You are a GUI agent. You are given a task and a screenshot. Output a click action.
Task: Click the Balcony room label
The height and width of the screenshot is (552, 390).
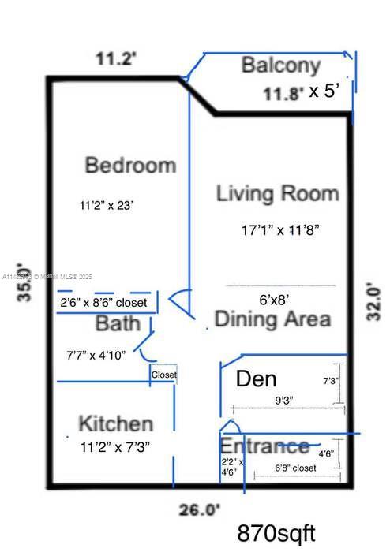tap(281, 65)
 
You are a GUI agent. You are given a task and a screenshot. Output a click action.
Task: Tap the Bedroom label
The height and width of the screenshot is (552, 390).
tap(130, 166)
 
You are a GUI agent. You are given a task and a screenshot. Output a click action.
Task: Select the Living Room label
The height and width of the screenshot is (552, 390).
tap(277, 193)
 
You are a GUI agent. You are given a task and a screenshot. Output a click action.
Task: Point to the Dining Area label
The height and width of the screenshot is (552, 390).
tap(272, 319)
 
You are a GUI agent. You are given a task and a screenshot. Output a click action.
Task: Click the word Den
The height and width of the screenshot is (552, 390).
tap(256, 379)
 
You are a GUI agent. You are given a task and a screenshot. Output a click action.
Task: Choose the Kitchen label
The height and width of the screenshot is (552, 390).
tap(115, 423)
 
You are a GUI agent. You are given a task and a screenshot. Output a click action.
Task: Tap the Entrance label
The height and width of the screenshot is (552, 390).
tap(264, 446)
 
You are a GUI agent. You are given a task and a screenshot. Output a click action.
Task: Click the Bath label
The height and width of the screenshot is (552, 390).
tap(118, 323)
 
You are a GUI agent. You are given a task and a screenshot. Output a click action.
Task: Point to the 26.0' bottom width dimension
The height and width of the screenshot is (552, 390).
tap(199, 509)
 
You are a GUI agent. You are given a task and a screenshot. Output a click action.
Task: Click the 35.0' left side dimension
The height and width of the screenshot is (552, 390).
tap(25, 282)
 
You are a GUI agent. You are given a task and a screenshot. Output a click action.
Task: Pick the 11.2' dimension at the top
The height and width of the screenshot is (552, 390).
tap(116, 58)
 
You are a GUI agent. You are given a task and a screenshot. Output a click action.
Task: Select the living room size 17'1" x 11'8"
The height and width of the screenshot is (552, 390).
tap(280, 231)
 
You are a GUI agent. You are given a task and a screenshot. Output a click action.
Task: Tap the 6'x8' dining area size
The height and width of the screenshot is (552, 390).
tap(274, 299)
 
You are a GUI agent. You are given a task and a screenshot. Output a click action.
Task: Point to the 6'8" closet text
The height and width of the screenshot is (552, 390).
tap(295, 468)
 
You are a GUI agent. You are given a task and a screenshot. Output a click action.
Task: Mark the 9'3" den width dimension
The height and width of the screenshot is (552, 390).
tap(283, 400)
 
